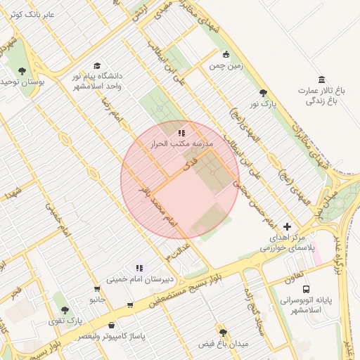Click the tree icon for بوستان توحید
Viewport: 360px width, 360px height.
click(22, 70)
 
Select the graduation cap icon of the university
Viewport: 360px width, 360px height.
click(97, 65)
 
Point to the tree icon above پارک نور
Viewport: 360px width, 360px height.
click(263, 93)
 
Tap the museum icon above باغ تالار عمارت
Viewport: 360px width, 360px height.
click(321, 79)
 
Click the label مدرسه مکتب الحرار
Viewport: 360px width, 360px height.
click(181, 143)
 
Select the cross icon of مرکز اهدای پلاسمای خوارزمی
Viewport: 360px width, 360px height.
click(287, 226)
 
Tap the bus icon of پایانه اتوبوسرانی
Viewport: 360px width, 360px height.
click(306, 289)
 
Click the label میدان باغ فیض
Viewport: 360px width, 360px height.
click(224, 345)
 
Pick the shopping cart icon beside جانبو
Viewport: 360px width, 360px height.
click(96, 289)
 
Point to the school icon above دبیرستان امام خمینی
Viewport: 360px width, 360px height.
click(139, 268)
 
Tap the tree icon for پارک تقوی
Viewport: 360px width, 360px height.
click(65, 310)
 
